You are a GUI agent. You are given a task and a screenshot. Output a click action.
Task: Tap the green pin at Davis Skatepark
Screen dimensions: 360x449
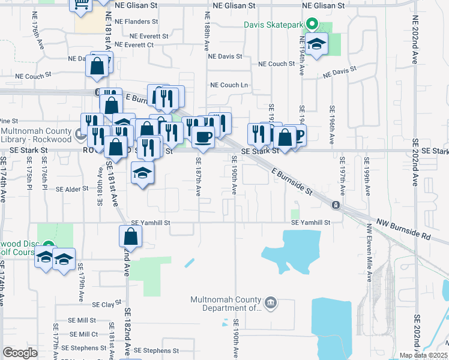click(x=312, y=25)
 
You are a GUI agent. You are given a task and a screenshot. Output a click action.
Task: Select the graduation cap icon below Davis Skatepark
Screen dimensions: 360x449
click(x=316, y=44)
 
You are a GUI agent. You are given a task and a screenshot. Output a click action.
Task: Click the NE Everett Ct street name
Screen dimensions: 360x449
click(x=134, y=45)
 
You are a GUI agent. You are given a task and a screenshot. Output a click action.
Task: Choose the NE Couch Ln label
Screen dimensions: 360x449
click(x=228, y=85)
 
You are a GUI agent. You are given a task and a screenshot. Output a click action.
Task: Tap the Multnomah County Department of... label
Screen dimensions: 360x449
click(x=226, y=304)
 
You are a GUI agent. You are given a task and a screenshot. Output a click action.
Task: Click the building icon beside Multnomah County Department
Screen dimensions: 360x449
click(x=271, y=304)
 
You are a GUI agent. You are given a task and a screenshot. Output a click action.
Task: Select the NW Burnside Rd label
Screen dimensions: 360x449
click(x=403, y=229)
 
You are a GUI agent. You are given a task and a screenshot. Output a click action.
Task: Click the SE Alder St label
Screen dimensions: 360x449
click(x=72, y=189)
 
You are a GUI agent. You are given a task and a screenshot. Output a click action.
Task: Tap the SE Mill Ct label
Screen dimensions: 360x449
click(x=83, y=334)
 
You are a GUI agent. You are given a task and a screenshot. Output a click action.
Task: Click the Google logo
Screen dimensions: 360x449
click(x=20, y=353)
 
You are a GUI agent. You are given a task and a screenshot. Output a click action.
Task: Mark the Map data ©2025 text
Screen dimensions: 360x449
click(x=423, y=355)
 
